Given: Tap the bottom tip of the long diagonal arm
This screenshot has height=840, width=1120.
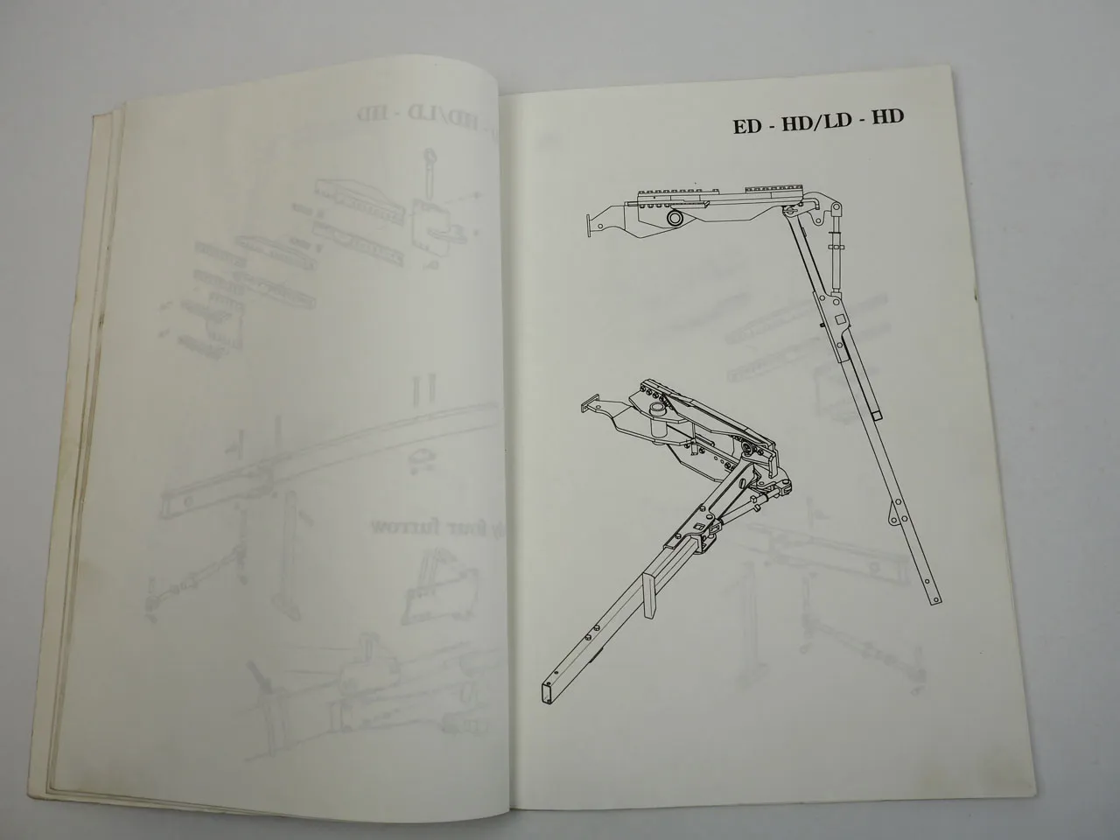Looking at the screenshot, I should tap(934, 599).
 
